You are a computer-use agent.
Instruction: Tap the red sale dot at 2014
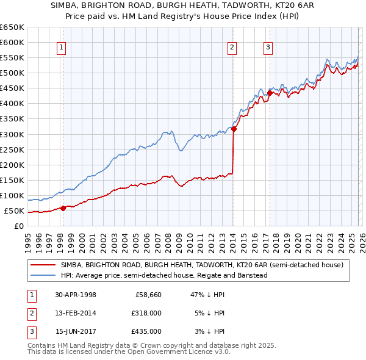234,129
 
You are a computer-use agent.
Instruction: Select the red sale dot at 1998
63,208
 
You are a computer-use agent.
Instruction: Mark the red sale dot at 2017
270,93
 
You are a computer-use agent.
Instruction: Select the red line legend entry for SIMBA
202,265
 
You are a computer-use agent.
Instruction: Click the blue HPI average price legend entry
164,275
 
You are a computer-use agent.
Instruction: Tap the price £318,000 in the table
146,313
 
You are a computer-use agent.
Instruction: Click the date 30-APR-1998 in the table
75,295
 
